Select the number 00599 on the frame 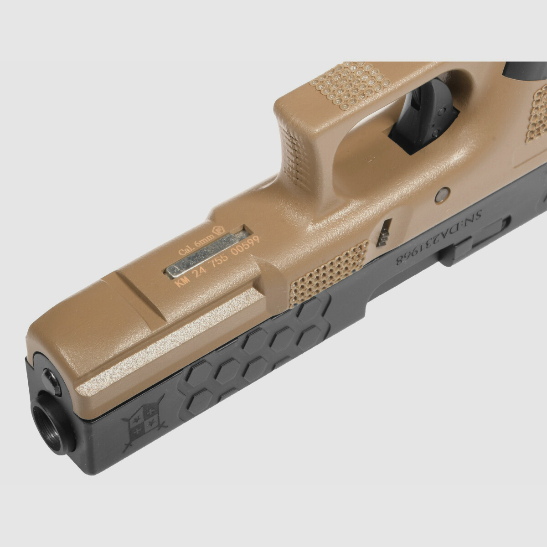[245, 247]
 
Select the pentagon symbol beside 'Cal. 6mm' [217, 231]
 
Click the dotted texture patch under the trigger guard [350, 85]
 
